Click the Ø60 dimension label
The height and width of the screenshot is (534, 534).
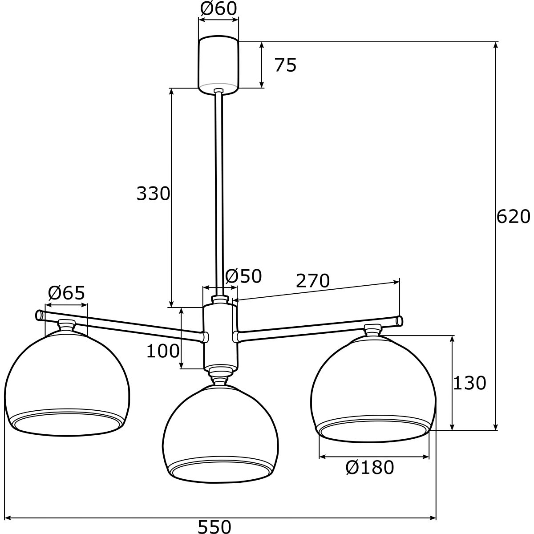[x=218, y=8]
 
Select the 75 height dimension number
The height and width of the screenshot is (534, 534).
[x=285, y=65]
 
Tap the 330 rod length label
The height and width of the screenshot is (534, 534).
[x=153, y=194]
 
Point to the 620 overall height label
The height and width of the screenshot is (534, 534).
[x=513, y=216]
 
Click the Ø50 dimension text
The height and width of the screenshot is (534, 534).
[x=243, y=276]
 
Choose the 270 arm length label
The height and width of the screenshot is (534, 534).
[x=312, y=281]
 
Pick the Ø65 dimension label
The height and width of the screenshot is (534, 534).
[x=66, y=293]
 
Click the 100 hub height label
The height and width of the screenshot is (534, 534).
[x=163, y=351]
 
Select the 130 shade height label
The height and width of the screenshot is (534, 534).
[x=469, y=383]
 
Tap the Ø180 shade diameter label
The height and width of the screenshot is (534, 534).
[x=370, y=468]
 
